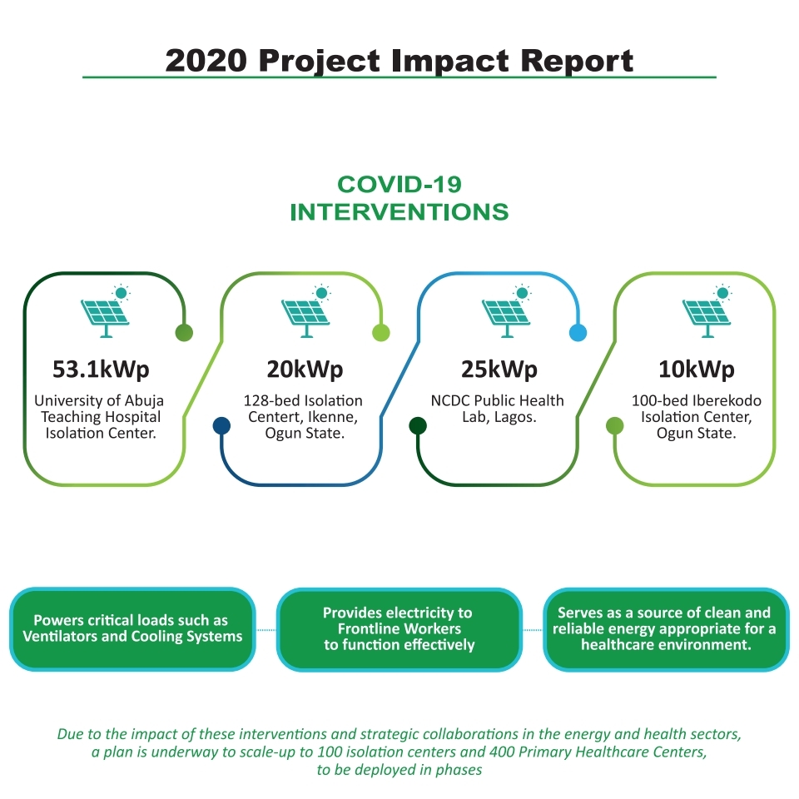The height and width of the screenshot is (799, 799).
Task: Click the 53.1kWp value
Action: tap(101, 370)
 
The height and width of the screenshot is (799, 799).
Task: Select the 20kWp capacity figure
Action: tap(305, 370)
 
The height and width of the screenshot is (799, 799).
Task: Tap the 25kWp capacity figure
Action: tap(499, 370)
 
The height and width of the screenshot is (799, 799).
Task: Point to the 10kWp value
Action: tap(696, 370)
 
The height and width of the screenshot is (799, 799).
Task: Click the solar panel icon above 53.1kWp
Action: tap(106, 311)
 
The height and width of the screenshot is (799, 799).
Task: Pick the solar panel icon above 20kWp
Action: tap(305, 311)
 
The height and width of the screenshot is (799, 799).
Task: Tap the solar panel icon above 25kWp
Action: tap(507, 311)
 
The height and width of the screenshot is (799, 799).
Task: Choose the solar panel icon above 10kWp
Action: tap(707, 311)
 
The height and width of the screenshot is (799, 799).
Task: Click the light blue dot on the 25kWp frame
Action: tap(578, 333)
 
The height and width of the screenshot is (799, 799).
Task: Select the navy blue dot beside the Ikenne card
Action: tap(221, 425)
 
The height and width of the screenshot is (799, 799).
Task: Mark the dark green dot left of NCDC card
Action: tap(418, 425)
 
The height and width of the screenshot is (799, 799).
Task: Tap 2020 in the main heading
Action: tap(206, 61)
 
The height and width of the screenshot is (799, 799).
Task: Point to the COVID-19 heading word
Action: tap(399, 185)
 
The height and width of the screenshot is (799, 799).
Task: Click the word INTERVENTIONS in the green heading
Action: tap(399, 212)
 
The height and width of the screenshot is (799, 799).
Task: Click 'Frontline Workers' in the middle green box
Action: tap(399, 629)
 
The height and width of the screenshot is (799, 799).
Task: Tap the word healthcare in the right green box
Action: tap(629, 645)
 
